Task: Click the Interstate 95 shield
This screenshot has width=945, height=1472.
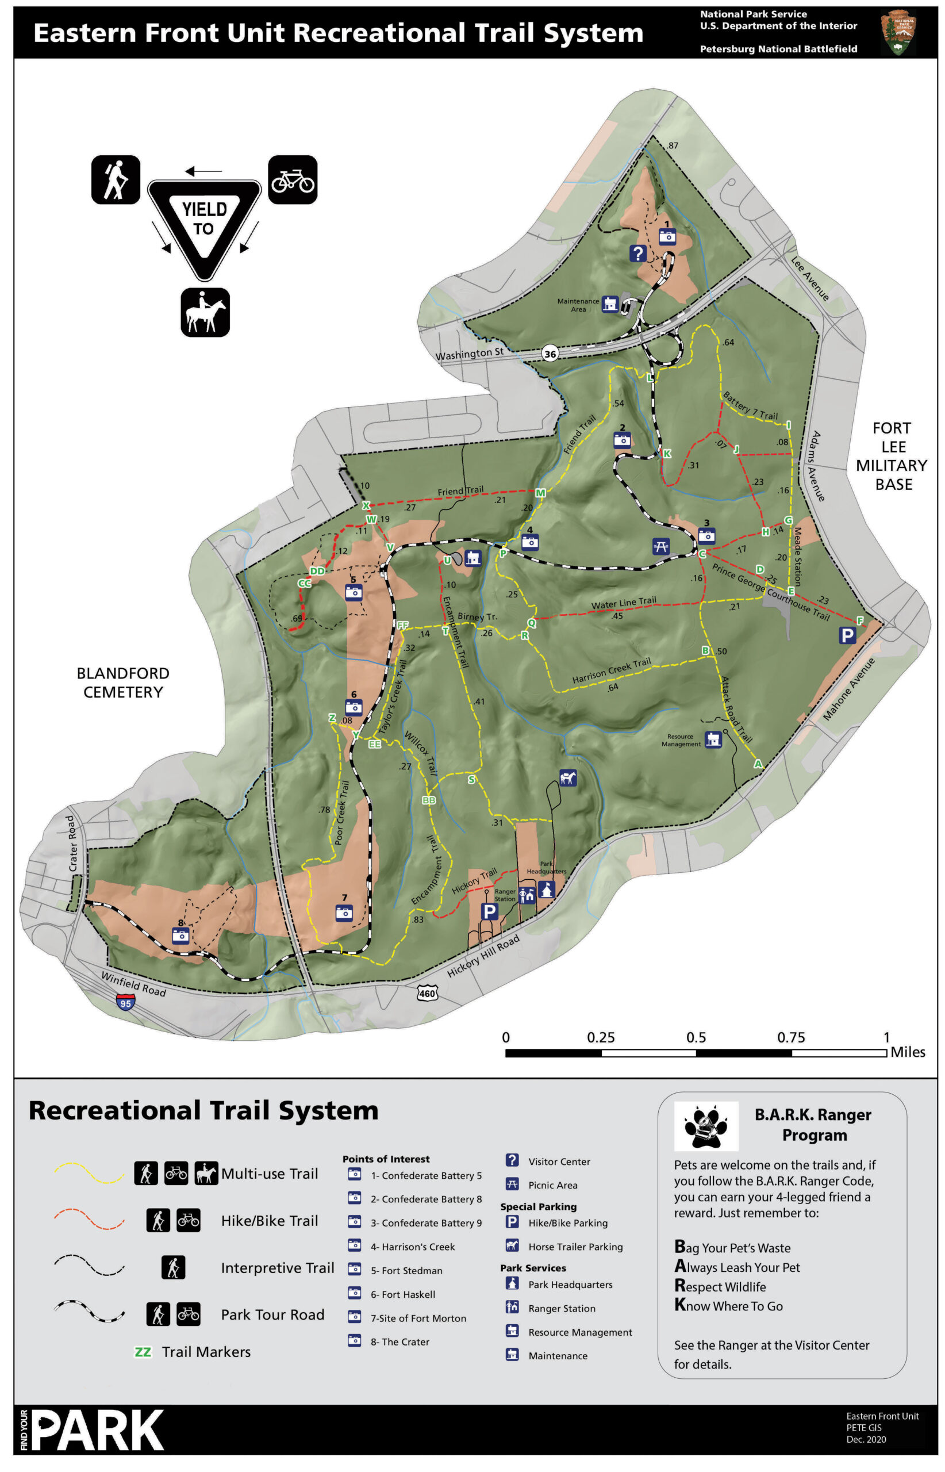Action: (x=125, y=1003)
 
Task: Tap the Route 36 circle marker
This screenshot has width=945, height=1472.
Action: (x=551, y=354)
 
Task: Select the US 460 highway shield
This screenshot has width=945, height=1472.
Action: (x=428, y=993)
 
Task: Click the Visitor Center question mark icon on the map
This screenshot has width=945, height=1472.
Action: (x=638, y=253)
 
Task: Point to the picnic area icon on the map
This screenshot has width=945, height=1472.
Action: (x=660, y=546)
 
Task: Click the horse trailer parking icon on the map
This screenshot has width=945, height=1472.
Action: (x=567, y=779)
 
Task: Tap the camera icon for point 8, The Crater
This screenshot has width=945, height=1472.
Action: (x=180, y=936)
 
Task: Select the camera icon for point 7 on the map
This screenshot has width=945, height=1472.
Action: (x=344, y=913)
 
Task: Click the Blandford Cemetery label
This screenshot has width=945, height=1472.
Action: (x=123, y=683)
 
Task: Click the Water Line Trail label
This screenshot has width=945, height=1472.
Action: (x=624, y=603)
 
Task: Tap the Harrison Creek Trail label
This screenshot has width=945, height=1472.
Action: (x=611, y=670)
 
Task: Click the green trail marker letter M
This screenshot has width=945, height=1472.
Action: (x=540, y=493)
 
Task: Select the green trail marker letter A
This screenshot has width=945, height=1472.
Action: (x=758, y=764)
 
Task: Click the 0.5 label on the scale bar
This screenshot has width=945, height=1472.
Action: (x=696, y=1037)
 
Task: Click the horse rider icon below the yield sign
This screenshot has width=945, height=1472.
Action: (x=205, y=312)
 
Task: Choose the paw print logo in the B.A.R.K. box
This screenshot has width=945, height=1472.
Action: (x=706, y=1126)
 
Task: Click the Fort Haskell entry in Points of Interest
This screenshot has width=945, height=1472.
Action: (x=402, y=1294)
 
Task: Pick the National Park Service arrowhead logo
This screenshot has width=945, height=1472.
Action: (x=898, y=32)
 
